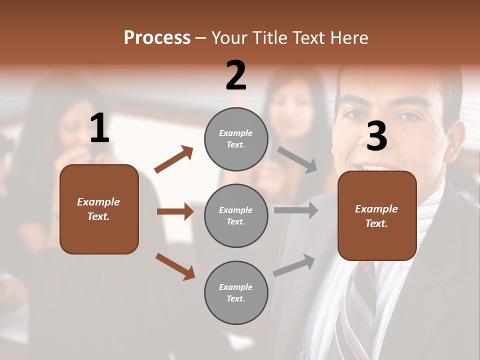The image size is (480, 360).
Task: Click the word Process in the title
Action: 157,38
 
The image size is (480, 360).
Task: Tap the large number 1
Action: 99,128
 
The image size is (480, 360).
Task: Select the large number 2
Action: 236,75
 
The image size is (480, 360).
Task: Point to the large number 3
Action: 376,136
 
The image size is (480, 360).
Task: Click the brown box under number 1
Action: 99,209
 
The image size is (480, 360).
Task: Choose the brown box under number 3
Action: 377,216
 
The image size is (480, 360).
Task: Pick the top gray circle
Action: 236,139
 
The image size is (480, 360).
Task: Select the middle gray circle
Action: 236,215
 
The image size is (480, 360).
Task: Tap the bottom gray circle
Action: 236,292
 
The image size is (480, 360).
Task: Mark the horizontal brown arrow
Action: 175,211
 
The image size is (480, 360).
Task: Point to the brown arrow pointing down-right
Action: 175,266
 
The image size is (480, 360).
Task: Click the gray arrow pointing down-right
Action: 297,160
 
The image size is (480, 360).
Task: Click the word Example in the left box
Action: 98,202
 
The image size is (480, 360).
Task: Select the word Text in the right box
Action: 376,223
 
